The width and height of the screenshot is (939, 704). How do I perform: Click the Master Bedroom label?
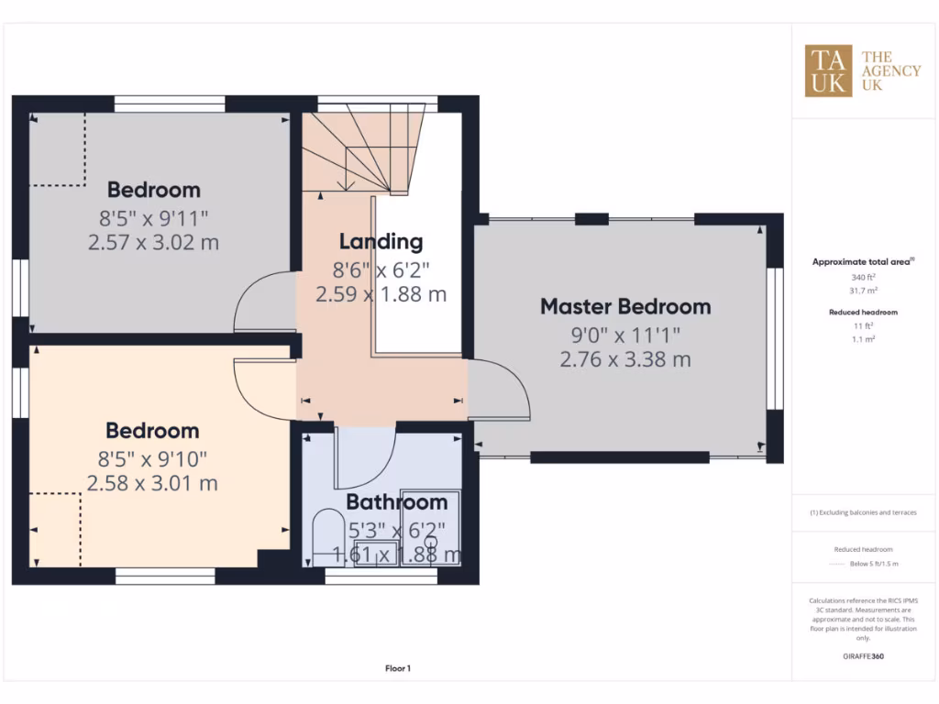624,306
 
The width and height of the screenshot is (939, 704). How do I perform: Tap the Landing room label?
381,242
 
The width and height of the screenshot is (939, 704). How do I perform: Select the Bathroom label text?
396,502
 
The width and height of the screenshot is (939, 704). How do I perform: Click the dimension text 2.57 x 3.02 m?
153,243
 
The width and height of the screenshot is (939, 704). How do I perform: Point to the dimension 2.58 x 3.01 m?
152,483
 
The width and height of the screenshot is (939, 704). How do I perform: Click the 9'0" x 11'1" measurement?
624,334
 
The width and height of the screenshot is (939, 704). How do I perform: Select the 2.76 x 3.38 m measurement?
624,359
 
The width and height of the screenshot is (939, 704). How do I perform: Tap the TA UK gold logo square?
828,71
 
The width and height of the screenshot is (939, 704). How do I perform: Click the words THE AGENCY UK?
889,71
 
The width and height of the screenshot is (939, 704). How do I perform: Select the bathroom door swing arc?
367,458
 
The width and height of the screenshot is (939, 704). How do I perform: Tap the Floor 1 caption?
397,669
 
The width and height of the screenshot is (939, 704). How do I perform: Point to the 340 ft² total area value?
863,277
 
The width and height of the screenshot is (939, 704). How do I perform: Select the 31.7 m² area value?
863,291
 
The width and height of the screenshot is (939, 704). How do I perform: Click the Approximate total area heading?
862,262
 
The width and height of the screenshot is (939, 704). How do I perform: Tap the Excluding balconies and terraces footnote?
863,512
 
